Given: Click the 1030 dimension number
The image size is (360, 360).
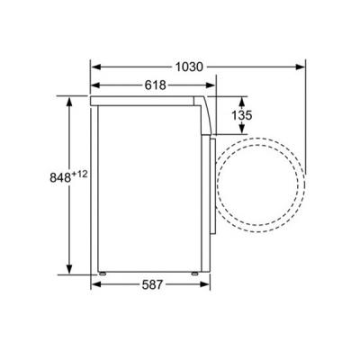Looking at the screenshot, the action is [x=189, y=67].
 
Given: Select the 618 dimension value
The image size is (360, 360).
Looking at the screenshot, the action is [x=156, y=85].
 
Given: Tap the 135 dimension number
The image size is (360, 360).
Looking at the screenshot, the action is [x=242, y=115].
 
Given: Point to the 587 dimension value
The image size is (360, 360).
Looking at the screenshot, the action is [x=152, y=284].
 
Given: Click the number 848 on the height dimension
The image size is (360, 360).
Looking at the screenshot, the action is [x=60, y=177].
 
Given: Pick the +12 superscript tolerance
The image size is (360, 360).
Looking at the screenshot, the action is [x=79, y=174].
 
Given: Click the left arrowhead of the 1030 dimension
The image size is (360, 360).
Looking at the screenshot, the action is [x=96, y=67].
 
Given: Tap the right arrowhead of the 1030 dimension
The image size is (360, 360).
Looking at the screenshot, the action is [x=300, y=67].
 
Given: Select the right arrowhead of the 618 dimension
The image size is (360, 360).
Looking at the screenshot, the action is [x=211, y=85].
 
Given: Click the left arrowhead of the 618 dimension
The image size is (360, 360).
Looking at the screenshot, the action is [x=96, y=85].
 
